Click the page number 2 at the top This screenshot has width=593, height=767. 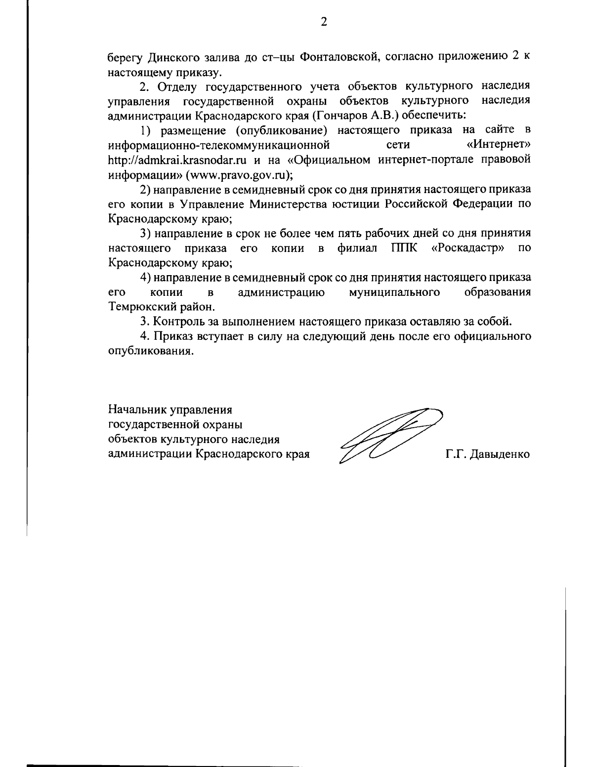pos(324,22)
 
